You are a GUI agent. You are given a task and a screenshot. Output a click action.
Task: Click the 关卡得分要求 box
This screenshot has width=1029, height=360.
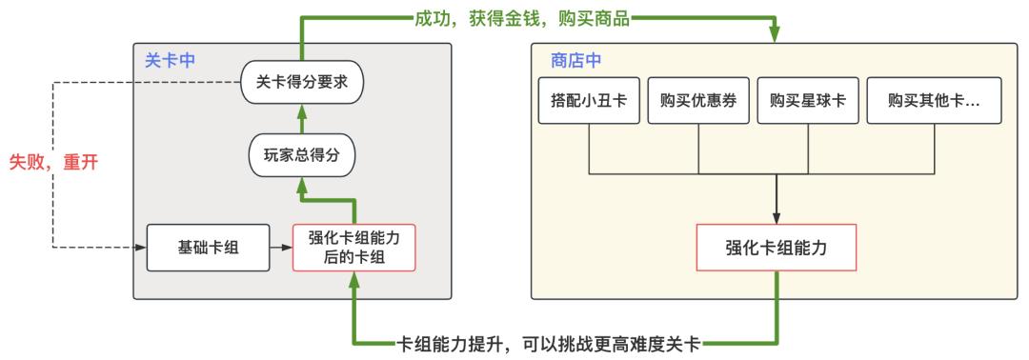pos(301,82)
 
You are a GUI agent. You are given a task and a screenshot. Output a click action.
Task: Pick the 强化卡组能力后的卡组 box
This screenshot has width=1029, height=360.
pos(353,248)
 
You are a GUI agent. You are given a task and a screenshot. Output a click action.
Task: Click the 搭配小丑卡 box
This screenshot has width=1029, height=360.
pos(589,101)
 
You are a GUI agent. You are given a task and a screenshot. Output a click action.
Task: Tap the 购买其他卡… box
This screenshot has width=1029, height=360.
pos(934,101)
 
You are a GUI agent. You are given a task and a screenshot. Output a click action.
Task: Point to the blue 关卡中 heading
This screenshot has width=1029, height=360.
pos(170,59)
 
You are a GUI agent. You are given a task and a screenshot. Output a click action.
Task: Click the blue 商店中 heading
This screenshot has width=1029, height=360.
pos(575,59)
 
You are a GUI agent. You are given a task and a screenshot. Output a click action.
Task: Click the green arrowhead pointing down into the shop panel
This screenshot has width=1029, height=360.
pos(776,36)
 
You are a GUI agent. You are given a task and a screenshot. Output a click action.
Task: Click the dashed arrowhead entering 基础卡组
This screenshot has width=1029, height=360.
pos(141,248)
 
